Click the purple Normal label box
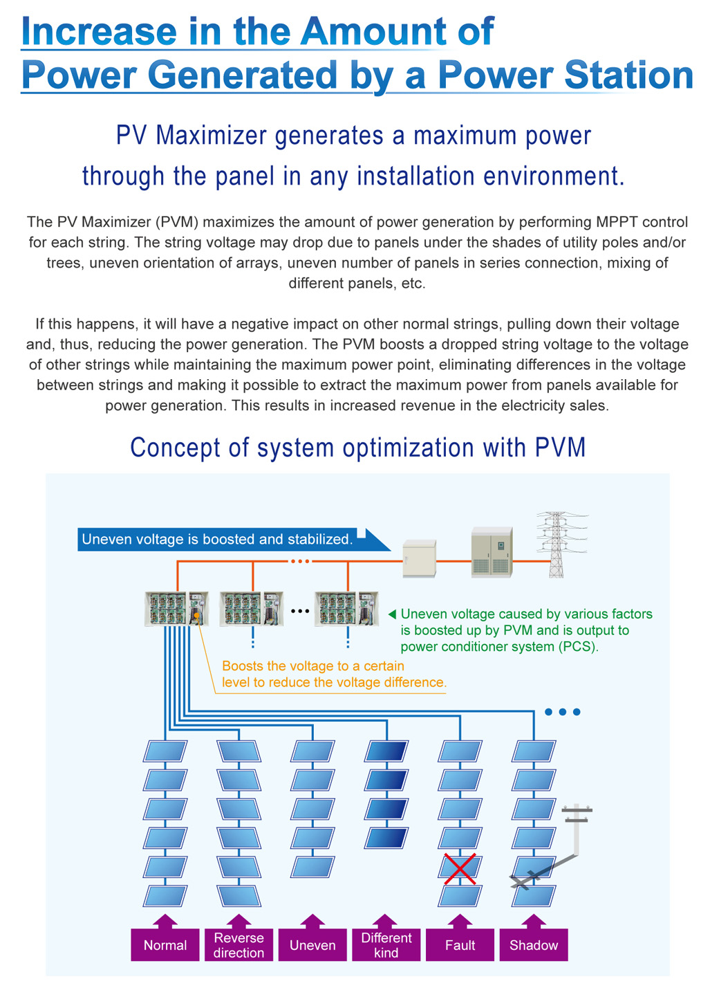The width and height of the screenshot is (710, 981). click(165, 945)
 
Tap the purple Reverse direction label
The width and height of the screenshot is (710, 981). click(239, 945)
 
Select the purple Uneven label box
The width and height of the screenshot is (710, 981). click(312, 945)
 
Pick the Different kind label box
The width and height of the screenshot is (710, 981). click(386, 945)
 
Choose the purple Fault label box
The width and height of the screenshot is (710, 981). click(460, 945)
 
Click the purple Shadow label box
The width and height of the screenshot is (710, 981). click(534, 945)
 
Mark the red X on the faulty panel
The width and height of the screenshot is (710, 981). click(460, 869)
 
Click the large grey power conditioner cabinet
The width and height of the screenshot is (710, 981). click(492, 552)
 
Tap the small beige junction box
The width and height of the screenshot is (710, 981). click(420, 558)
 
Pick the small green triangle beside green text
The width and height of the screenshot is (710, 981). click(392, 614)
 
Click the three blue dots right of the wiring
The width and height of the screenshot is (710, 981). click(562, 712)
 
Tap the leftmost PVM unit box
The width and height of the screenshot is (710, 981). click(176, 609)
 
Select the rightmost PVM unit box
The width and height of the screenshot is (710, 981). click(346, 609)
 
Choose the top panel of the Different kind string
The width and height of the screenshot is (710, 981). click(386, 751)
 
